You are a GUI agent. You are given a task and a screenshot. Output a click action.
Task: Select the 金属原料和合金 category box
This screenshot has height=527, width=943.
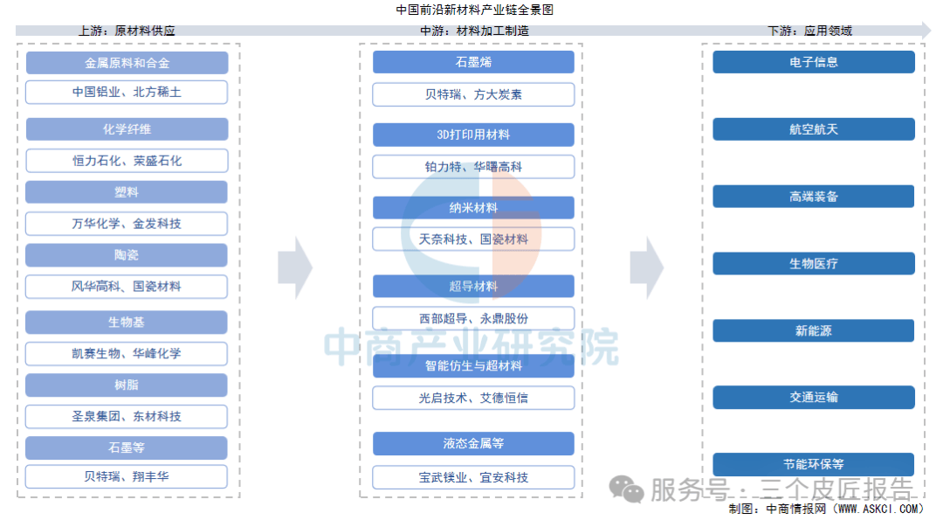pos(127,63)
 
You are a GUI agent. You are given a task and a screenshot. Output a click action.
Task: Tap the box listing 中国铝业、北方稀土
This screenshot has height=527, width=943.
pos(127,92)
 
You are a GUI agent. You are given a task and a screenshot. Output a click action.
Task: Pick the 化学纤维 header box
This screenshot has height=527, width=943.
pos(127,129)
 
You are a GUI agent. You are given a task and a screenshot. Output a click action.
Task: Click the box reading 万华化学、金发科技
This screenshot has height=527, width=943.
pos(127,224)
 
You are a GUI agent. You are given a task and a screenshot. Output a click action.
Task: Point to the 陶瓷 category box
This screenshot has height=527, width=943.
pos(127,255)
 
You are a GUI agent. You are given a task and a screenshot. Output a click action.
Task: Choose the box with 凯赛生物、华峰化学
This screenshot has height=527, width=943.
pos(127,354)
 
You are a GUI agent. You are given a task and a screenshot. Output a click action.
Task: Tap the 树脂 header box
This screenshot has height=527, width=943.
pos(127,385)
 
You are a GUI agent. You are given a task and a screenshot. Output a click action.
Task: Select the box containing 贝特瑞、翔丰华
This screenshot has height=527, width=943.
pos(127,477)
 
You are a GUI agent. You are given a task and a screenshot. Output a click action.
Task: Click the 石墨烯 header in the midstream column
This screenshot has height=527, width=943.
pos(473,62)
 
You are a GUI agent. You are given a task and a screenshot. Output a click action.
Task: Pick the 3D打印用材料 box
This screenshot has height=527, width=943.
pos(473,135)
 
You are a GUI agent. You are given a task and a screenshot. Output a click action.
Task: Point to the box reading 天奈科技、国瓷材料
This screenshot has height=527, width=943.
pos(473,239)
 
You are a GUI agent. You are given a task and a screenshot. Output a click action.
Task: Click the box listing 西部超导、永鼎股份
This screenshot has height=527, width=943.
pos(473,318)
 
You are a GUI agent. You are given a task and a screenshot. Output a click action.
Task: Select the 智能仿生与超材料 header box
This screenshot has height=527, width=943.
pos(473,366)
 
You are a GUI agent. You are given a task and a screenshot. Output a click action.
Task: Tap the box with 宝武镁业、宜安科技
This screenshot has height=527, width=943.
pos(473,477)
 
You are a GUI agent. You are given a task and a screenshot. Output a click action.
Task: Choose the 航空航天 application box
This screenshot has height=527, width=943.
pos(814,129)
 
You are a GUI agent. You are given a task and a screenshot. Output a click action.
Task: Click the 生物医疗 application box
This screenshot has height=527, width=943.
pos(814,263)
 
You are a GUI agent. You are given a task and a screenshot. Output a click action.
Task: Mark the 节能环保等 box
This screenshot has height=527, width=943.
pos(814,464)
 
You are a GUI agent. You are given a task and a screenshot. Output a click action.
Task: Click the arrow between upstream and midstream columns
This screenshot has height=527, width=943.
pos(295,267)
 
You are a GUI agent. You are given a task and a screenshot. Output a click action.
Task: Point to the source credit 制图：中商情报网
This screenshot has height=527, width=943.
pos(825,509)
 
